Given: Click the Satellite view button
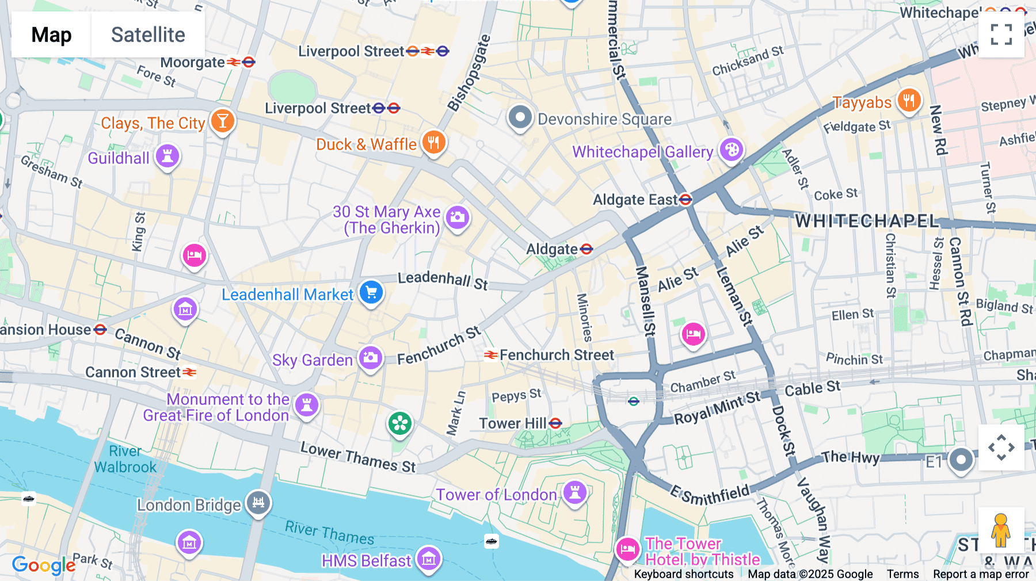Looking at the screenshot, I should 148,35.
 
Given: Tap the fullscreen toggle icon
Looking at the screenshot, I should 1001,35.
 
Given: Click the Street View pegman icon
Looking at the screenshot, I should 1000,530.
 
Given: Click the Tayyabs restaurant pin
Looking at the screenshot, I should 909,101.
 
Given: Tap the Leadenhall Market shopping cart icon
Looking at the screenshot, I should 371,292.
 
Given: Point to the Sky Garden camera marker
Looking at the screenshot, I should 371,358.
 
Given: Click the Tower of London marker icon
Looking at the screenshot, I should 574,492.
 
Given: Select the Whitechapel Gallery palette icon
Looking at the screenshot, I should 732,150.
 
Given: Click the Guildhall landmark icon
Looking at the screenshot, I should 167,156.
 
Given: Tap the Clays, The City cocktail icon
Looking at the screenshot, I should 223,121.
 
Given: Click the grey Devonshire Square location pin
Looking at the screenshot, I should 520,117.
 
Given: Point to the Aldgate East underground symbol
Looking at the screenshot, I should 685,200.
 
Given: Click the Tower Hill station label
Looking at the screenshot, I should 512,423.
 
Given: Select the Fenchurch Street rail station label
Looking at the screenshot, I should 556,355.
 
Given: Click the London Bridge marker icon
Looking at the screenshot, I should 258,503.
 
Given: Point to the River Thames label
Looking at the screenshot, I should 329,533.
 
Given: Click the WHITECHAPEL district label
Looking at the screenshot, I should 866,221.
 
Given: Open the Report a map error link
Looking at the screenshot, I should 981,574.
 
